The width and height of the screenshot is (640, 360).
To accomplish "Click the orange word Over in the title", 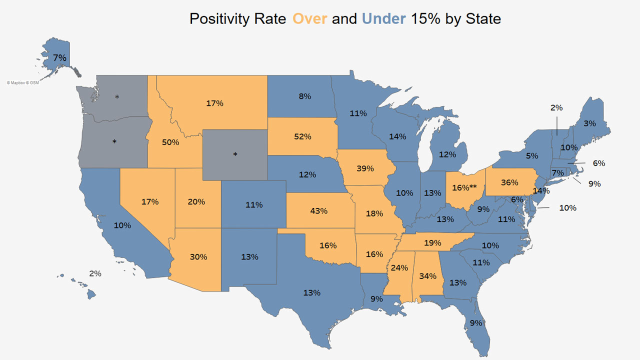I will [x=310, y=19].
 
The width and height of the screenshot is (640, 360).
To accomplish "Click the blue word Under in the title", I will [x=383, y=19].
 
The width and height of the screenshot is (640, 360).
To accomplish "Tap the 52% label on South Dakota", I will [x=303, y=136].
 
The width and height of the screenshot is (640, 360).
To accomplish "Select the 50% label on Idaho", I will [x=170, y=142].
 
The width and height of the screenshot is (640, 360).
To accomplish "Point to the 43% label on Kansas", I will [x=318, y=211].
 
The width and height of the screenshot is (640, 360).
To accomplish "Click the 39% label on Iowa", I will [x=365, y=168].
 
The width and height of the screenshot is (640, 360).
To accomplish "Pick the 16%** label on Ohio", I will [x=465, y=187].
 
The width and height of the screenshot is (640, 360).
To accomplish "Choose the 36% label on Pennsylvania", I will [x=509, y=182].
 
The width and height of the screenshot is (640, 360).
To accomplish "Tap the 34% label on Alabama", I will [x=428, y=275].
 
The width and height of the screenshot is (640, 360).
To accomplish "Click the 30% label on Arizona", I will [x=198, y=257].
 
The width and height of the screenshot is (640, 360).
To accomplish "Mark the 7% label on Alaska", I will [x=59, y=57].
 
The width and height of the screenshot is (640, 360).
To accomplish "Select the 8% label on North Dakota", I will [x=305, y=96].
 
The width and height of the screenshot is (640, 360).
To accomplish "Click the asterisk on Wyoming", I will [x=235, y=155].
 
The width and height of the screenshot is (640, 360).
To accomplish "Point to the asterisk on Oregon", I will [x=114, y=142].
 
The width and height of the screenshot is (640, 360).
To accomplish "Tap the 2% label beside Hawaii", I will [x=95, y=273].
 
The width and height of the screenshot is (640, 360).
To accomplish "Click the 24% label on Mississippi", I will [x=399, y=267].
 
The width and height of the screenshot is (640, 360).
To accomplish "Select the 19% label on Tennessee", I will [x=433, y=243].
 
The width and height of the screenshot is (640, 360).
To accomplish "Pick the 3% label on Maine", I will [x=589, y=123].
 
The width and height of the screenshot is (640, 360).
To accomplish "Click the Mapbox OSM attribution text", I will [x=22, y=82].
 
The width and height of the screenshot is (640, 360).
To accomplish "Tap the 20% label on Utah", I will [x=196, y=202].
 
